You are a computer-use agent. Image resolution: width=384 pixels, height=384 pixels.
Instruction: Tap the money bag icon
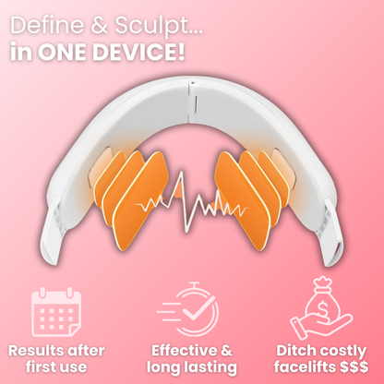coord(328,296)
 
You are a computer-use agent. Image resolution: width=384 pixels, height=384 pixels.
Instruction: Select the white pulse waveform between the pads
coord(193,199)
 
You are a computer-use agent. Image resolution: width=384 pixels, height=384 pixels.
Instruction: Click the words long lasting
coord(192,368)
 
